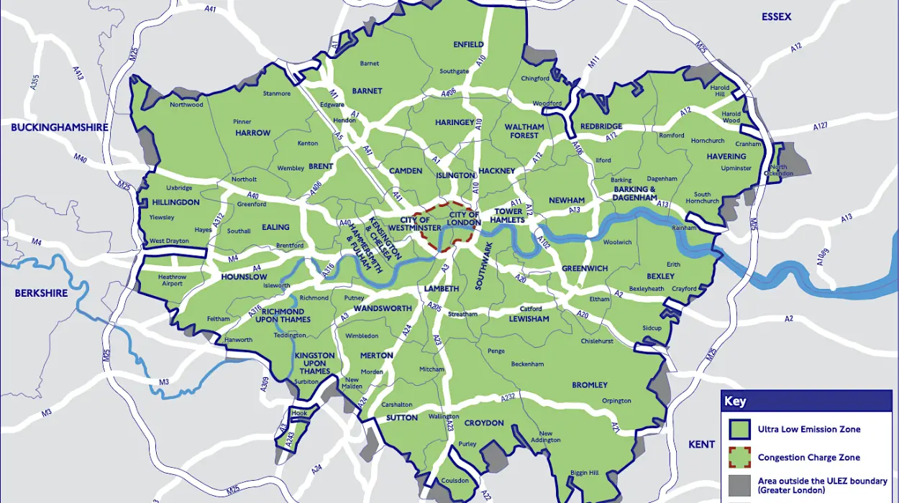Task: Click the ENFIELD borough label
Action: [468, 44]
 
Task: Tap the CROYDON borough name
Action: [484, 423]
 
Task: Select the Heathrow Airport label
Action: [172, 280]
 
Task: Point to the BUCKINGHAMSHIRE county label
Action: [60, 127]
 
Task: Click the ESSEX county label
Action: [777, 17]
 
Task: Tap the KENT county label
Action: [701, 444]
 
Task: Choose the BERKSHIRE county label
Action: [42, 293]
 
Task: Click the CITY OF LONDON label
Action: [464, 218]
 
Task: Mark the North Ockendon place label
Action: [779, 171]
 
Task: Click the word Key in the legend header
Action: [735, 402]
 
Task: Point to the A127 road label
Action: [821, 126]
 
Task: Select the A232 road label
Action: [508, 397]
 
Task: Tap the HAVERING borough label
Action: [726, 156]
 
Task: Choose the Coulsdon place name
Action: [455, 481]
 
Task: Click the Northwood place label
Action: [186, 104]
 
